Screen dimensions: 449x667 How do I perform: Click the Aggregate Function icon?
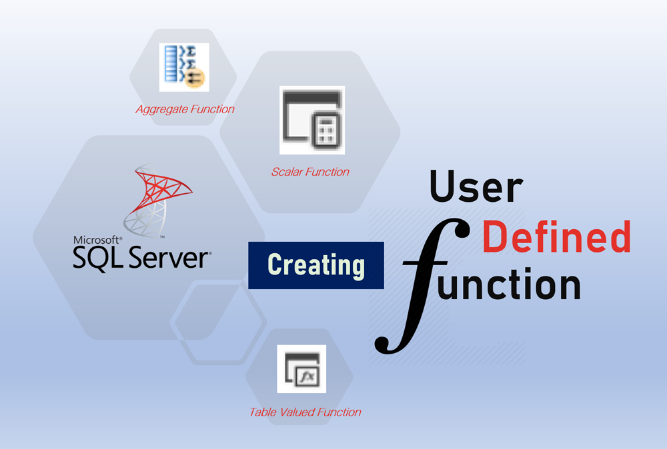(183, 67)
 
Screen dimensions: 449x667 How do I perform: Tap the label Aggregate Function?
(185, 109)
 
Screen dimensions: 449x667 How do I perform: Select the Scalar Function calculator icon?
(311, 119)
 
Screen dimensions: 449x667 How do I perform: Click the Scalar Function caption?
(310, 172)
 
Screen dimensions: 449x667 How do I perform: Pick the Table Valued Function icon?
(301, 368)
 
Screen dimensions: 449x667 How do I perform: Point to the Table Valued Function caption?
(305, 412)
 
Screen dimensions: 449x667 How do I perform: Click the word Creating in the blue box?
(316, 265)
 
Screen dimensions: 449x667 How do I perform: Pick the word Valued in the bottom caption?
(298, 412)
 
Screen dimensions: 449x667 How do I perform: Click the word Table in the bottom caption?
(263, 412)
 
